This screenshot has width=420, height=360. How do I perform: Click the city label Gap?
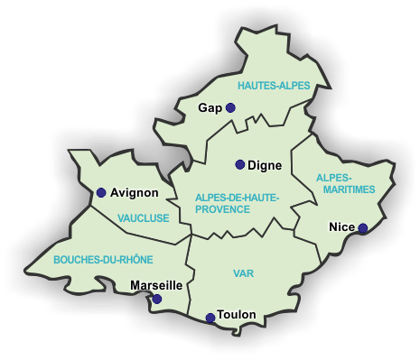[210, 107]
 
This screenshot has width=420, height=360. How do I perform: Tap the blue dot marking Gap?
[230, 107]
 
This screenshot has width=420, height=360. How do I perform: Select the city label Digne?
[265, 165]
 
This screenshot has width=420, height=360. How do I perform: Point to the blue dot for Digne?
[240, 164]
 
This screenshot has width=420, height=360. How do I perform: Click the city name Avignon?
[135, 192]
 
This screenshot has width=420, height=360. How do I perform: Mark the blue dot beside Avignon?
[101, 192]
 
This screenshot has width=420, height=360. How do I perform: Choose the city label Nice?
[342, 226]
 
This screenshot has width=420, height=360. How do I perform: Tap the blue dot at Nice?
[363, 228]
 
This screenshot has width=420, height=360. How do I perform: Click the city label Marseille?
[157, 285]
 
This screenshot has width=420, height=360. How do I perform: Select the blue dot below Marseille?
[157, 299]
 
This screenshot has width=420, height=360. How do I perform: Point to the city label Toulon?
[237, 315]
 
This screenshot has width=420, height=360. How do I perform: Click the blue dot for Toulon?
[210, 318]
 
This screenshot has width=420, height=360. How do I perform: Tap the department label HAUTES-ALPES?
[274, 86]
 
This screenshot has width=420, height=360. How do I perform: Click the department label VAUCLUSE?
[143, 217]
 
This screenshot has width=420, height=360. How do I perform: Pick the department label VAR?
[243, 272]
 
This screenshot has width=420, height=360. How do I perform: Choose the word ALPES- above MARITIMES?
[335, 178]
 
